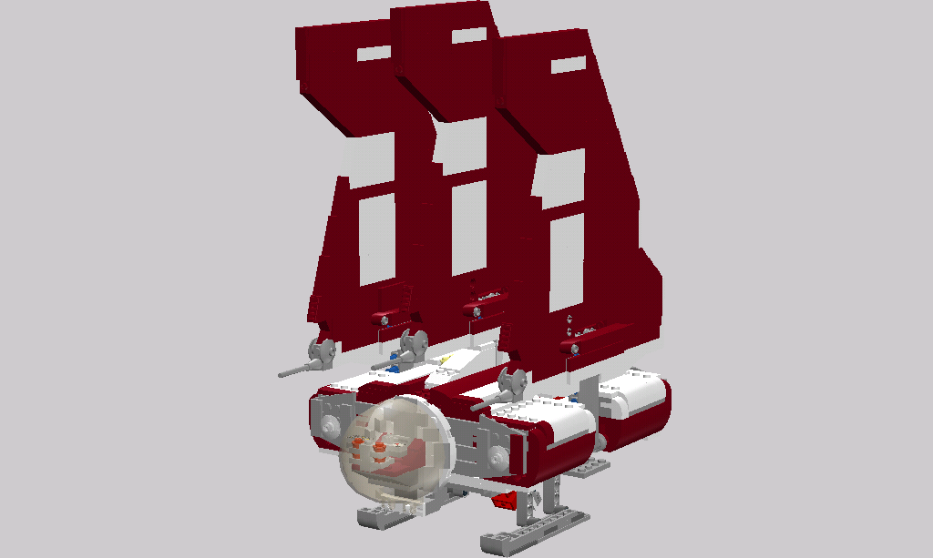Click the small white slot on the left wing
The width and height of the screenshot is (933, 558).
(x=371, y=54)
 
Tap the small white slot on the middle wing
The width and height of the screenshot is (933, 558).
(x=469, y=36)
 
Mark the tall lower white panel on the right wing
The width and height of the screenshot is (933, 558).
(x=566, y=256)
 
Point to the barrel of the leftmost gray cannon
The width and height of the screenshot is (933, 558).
(x=294, y=370)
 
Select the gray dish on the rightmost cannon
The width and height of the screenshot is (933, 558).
(x=513, y=382)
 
